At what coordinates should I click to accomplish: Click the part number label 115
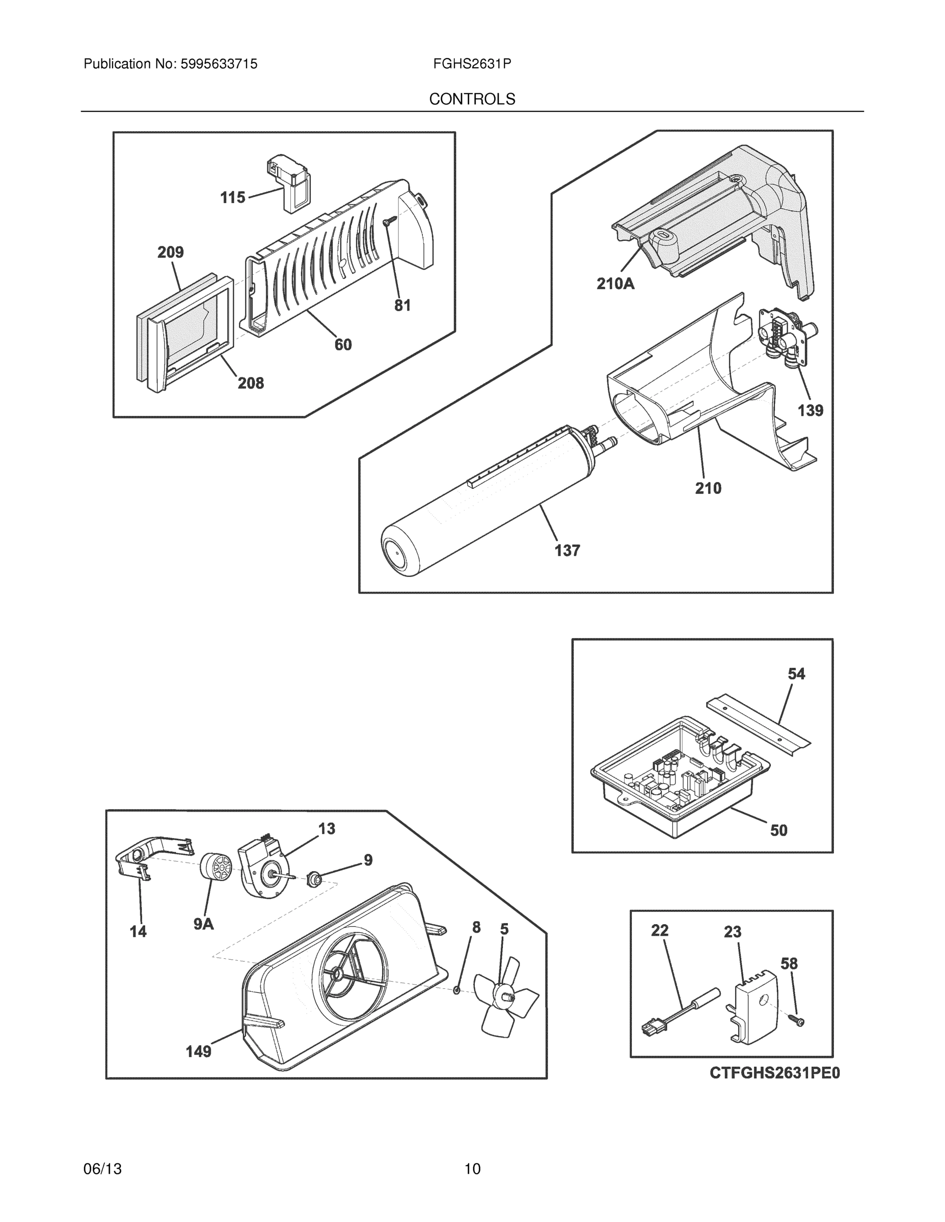click(232, 198)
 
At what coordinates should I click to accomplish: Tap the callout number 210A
click(615, 284)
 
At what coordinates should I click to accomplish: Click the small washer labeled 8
click(457, 991)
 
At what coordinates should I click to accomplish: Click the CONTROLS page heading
click(472, 99)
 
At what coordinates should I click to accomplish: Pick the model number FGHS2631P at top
click(472, 64)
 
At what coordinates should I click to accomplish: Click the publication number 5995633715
click(219, 64)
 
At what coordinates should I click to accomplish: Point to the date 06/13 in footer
click(102, 1169)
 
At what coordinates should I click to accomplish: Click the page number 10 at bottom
click(472, 1169)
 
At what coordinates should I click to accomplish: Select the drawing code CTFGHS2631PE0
click(775, 1073)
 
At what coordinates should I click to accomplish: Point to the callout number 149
click(198, 1052)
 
